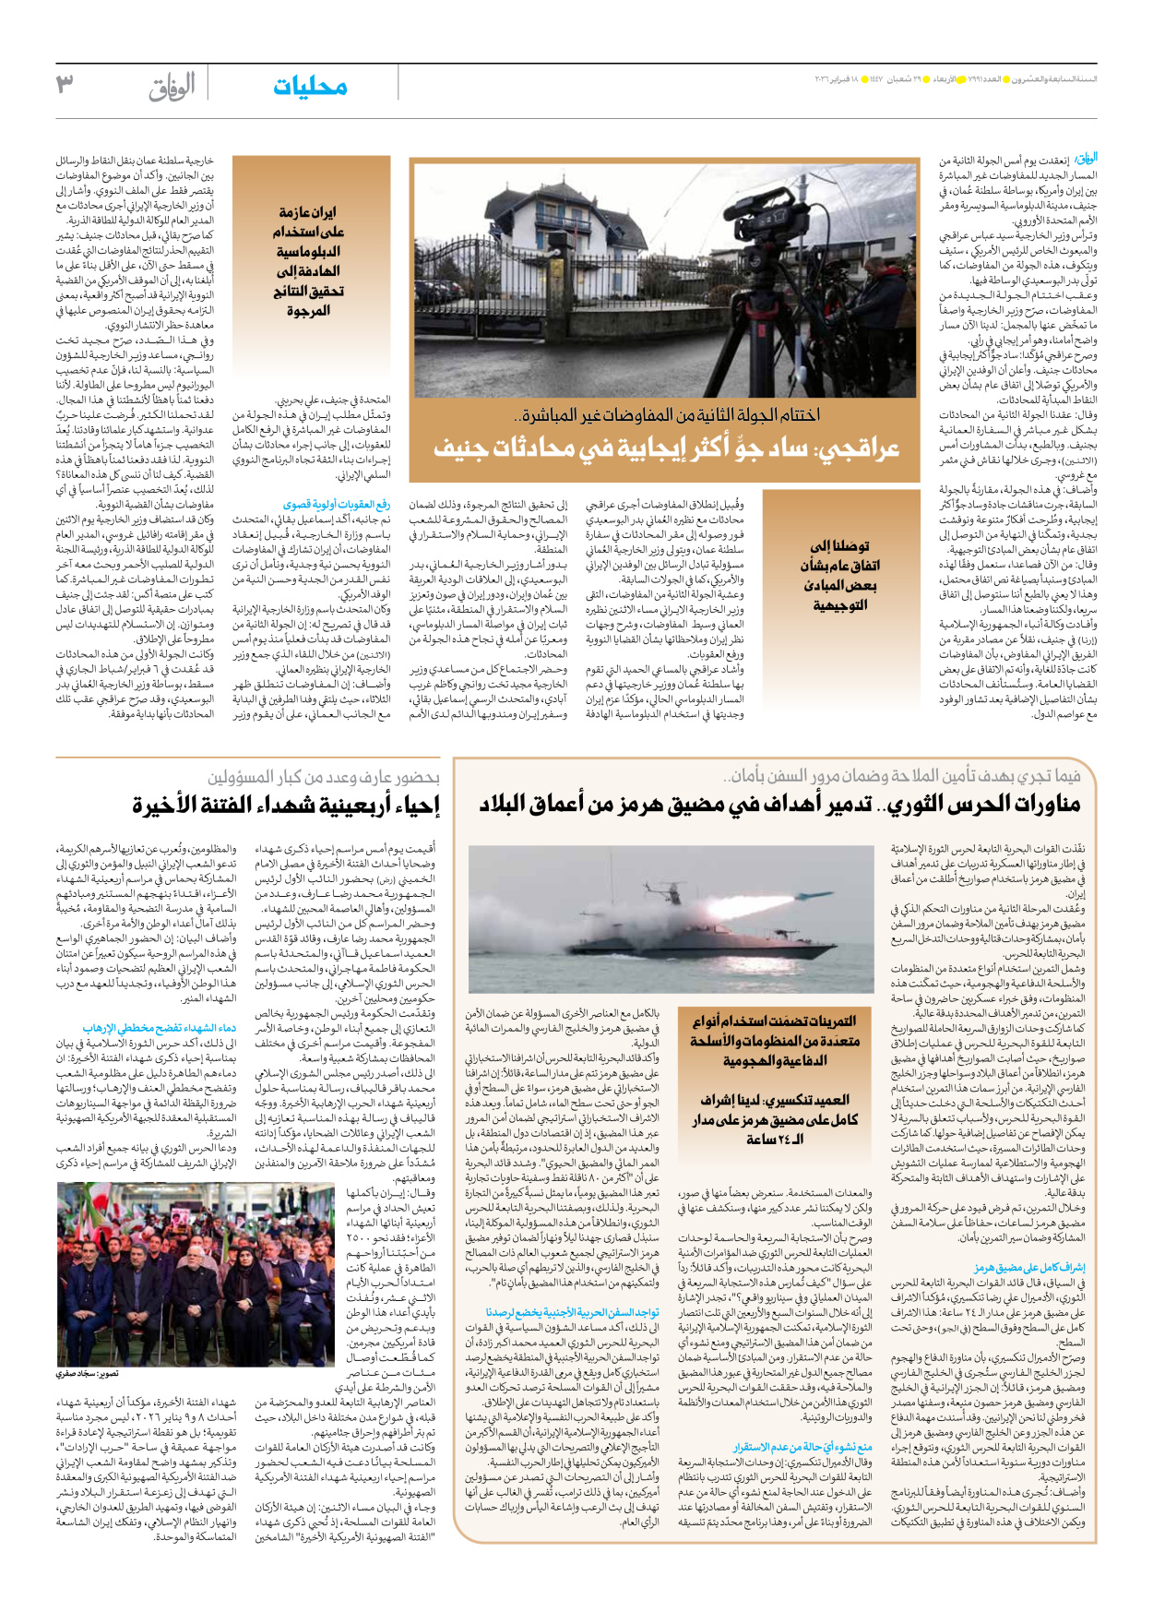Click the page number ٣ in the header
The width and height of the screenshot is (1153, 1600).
(x=64, y=85)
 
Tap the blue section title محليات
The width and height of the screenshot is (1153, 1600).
(x=310, y=87)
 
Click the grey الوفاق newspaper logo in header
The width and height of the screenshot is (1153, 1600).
(x=172, y=87)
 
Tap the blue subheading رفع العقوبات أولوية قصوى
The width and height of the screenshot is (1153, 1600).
(x=336, y=505)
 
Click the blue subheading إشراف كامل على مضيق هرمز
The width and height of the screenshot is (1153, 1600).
(x=1030, y=1268)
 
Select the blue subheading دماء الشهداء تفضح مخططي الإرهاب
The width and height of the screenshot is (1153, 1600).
(x=159, y=1027)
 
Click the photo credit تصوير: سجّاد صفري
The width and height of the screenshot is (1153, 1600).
(x=91, y=1374)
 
